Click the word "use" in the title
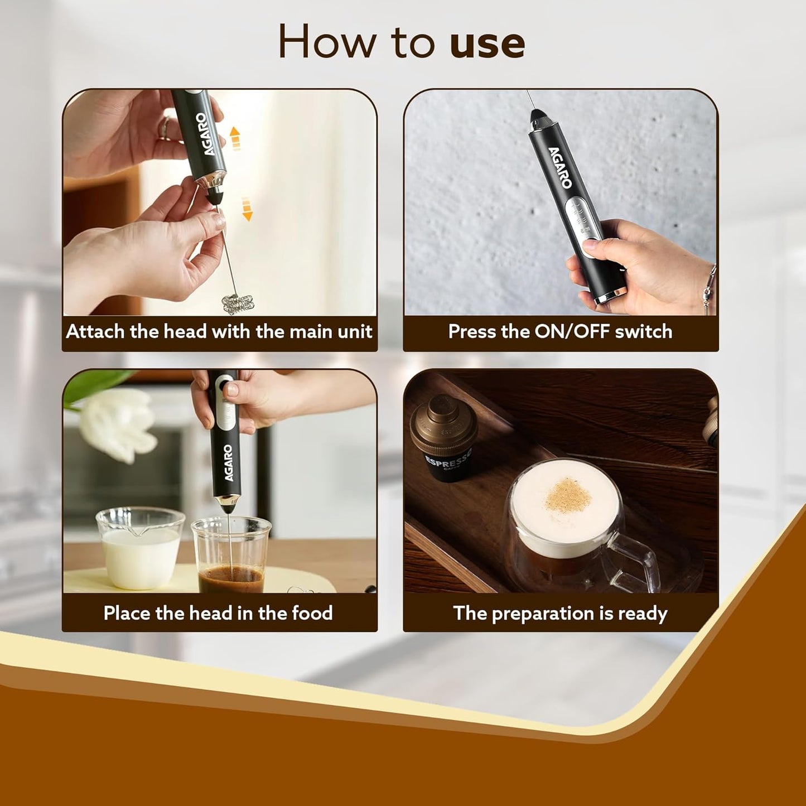(487, 44)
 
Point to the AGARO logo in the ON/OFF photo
(559, 167)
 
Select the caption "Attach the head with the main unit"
(219, 332)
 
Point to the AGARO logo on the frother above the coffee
(228, 462)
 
